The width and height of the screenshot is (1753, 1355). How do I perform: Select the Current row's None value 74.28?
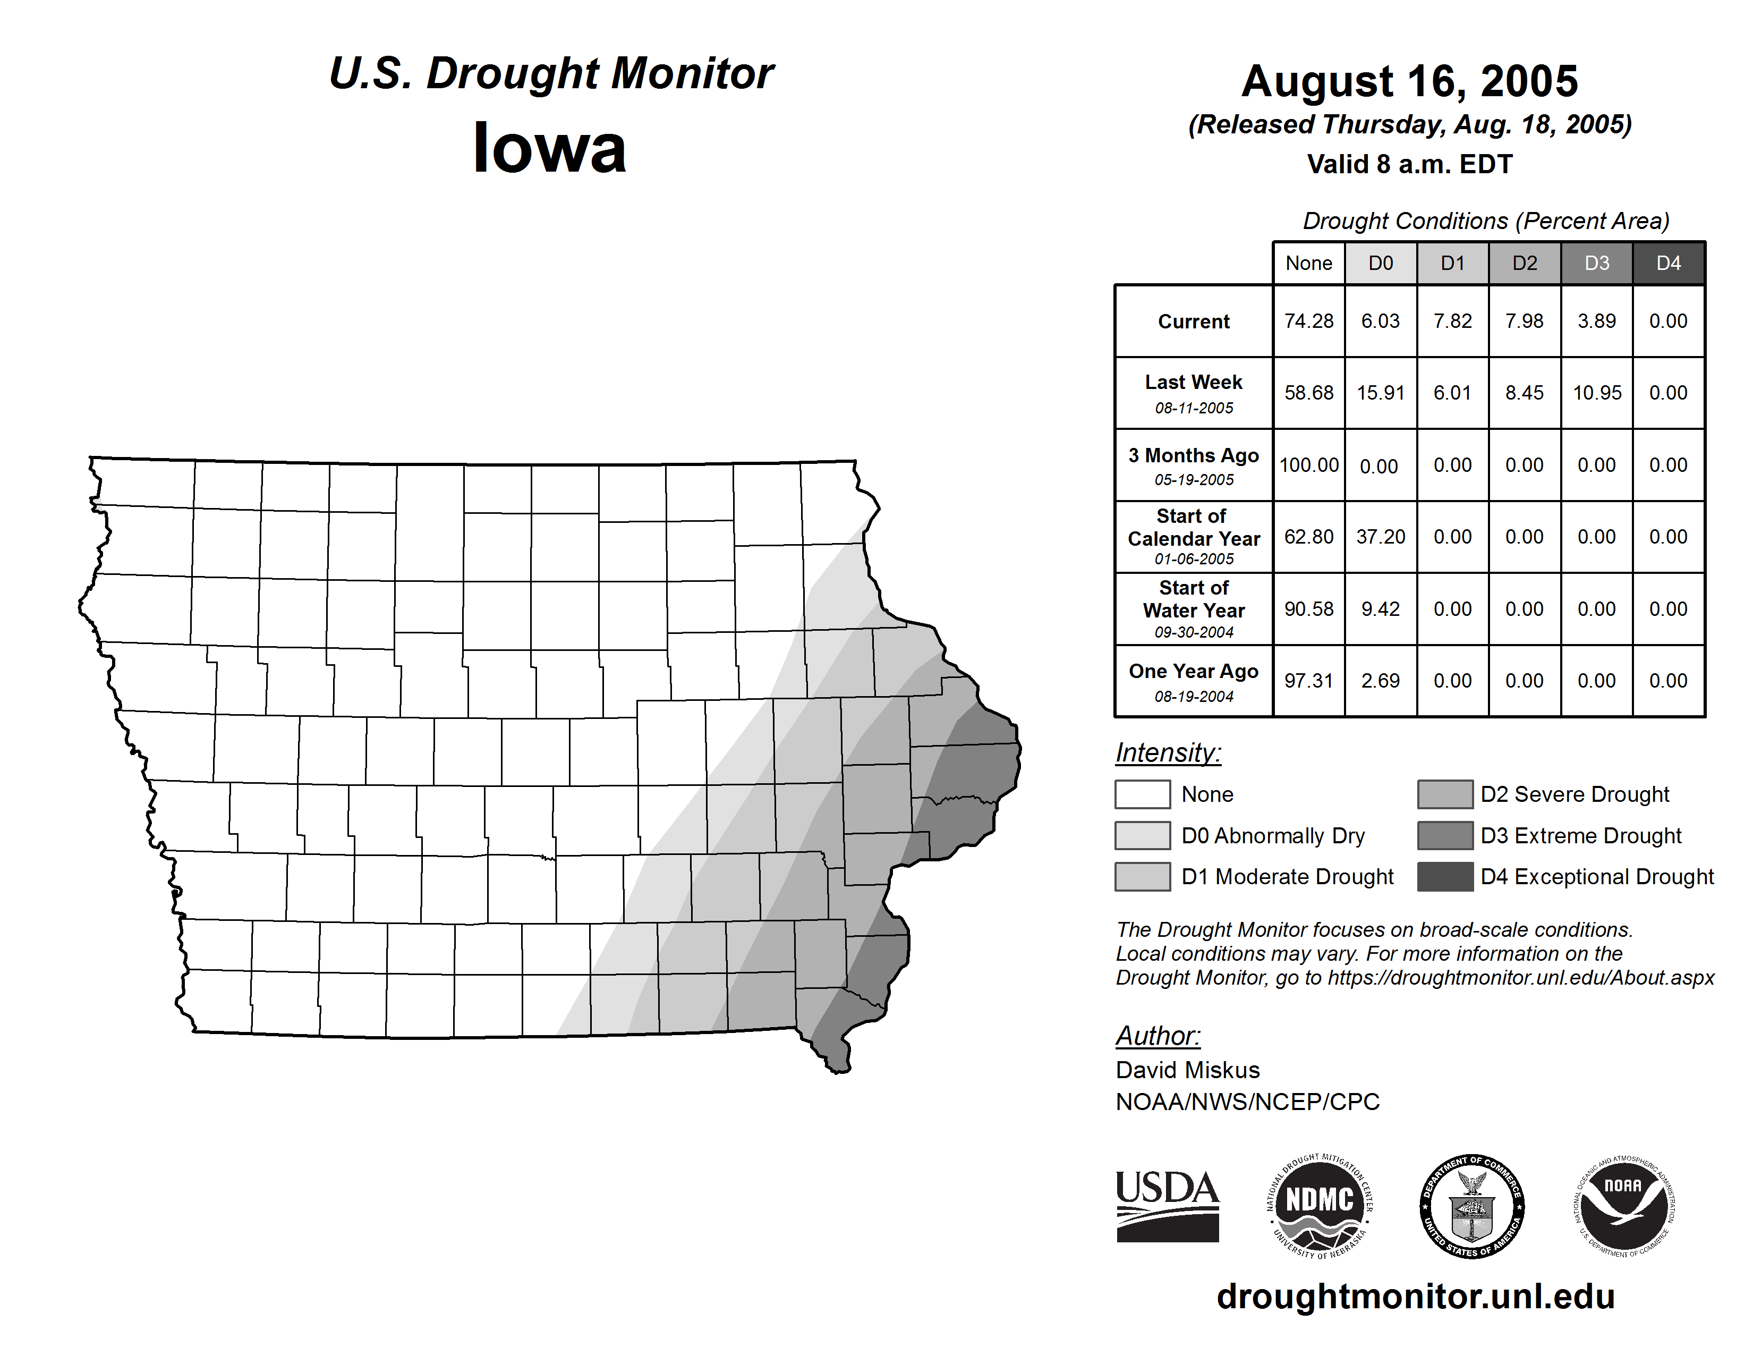(1308, 321)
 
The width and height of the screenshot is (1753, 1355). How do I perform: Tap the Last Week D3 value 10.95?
(1596, 393)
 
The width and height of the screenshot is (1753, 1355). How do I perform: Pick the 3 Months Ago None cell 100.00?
(1308, 465)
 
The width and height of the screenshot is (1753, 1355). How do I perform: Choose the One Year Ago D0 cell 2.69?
(1381, 681)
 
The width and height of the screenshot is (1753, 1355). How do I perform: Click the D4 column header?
(1668, 263)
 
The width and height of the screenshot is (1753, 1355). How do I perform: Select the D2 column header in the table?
(1524, 263)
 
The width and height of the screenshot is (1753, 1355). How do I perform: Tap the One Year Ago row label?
(1194, 681)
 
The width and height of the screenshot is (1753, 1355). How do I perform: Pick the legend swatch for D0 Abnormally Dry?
(1142, 836)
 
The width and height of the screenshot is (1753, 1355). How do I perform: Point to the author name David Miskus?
(1187, 1070)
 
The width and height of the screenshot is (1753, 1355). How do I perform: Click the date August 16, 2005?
(1409, 82)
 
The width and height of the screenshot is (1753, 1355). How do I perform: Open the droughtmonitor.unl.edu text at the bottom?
(1415, 1297)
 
